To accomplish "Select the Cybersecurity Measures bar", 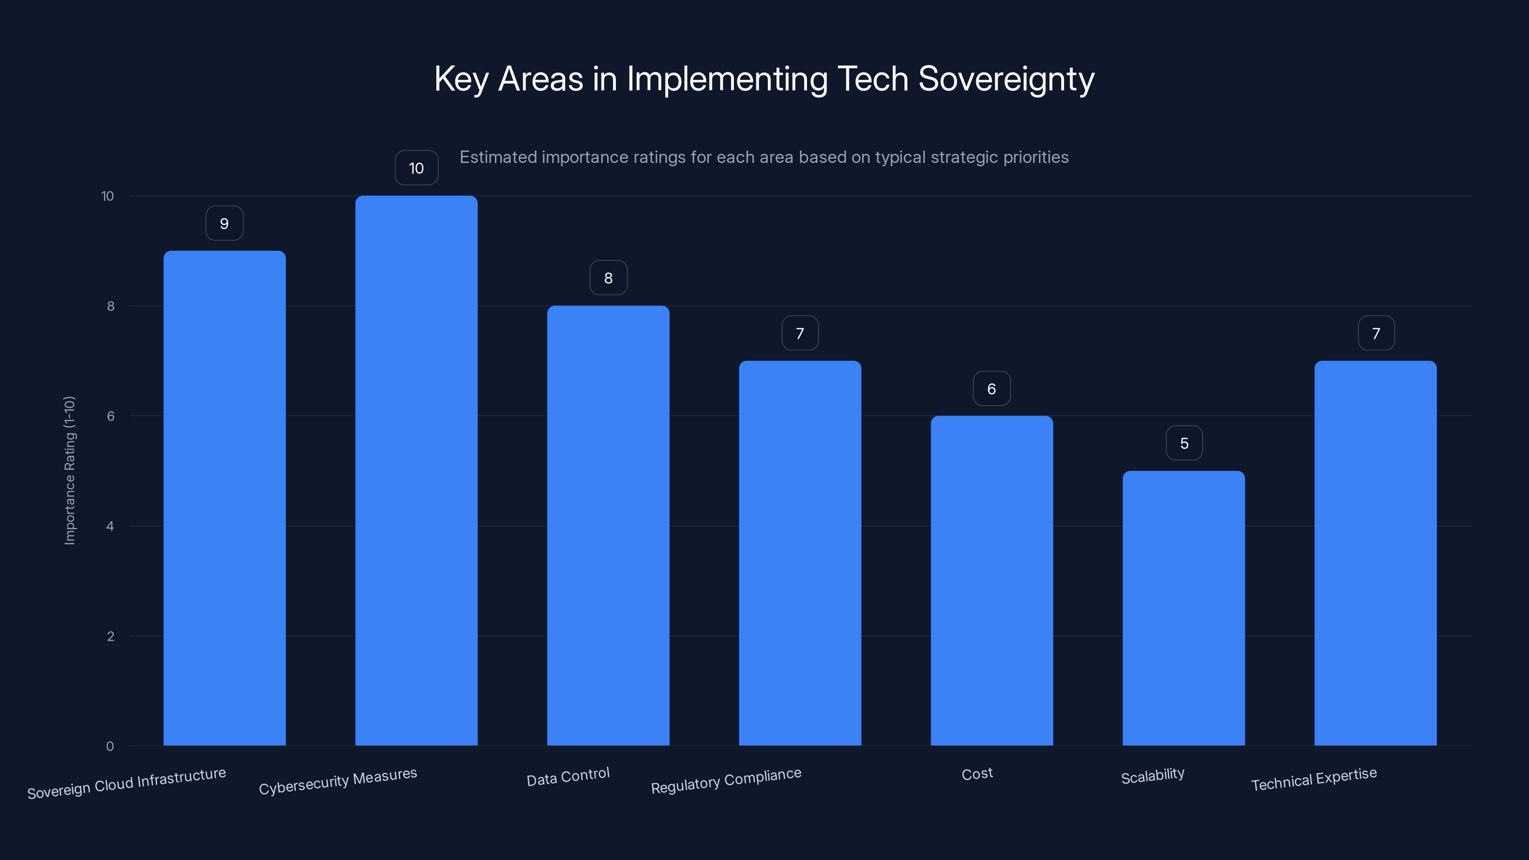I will (416, 470).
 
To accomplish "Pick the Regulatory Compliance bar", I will (799, 553).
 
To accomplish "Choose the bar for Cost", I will (991, 580).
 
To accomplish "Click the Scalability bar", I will (1184, 608).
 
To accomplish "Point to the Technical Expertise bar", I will (1375, 553).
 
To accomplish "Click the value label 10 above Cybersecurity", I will (416, 168).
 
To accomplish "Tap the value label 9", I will (225, 223).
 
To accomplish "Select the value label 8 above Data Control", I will (608, 278).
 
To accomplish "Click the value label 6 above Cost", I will (991, 389).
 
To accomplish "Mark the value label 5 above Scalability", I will (1184, 443).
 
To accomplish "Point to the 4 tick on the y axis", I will (110, 527).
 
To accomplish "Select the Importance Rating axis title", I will (69, 470).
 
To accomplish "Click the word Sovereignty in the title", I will (1006, 79).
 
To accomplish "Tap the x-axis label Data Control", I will (568, 776).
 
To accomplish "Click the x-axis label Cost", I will (977, 774).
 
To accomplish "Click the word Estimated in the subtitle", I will (497, 157).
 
